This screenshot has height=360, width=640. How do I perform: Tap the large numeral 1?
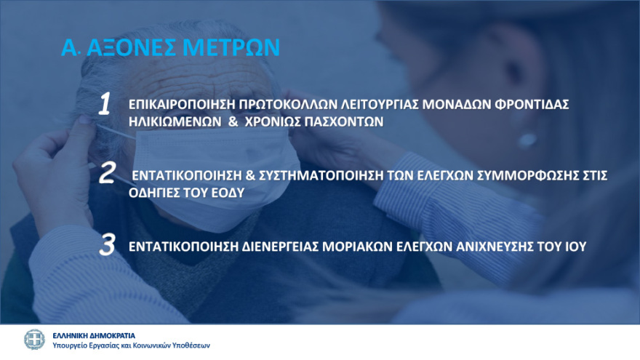click(x=105, y=105)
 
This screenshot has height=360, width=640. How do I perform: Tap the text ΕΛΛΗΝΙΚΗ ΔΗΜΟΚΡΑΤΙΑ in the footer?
click(x=94, y=335)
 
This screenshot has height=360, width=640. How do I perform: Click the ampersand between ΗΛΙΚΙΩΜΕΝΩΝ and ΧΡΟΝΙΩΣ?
click(x=233, y=123)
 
